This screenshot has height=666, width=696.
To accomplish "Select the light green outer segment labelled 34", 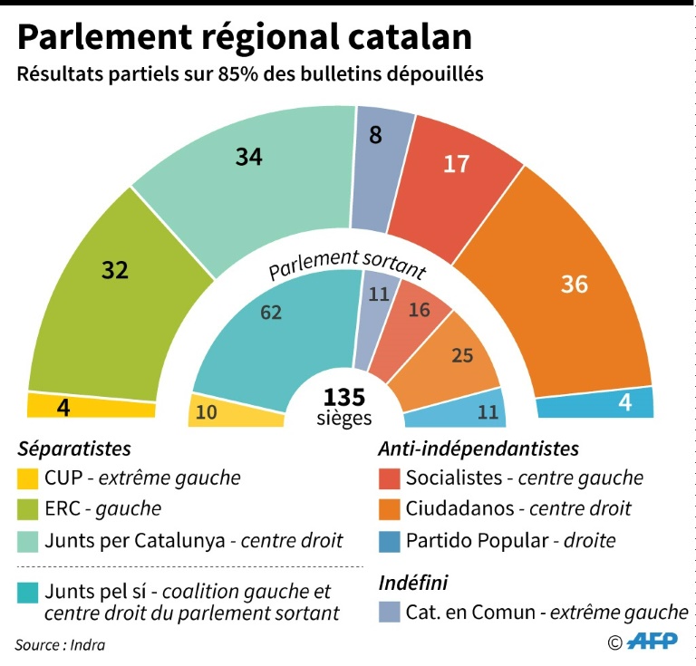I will [x=249, y=168].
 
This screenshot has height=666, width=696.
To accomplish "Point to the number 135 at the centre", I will [x=344, y=397].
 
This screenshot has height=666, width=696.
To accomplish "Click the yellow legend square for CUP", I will [x=28, y=478].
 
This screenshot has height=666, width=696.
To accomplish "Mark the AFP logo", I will [x=653, y=642].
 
